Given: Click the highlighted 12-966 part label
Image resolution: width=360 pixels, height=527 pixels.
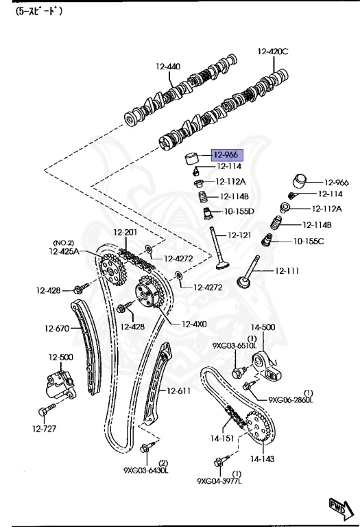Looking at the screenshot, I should point(224,155).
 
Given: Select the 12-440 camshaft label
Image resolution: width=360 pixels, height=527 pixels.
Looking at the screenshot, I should point(167,67).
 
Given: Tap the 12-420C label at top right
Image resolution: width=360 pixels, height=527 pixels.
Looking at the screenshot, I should point(273,51).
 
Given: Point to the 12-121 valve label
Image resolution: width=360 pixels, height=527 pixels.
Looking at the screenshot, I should point(239,235).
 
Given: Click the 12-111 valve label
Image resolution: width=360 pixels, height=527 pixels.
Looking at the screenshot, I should point(287,271).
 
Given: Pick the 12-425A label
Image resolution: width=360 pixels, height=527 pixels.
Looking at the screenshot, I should point(64,252).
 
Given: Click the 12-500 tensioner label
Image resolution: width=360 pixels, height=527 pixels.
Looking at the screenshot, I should point(60,358).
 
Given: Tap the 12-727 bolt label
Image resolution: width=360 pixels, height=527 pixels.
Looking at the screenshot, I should point(44,429).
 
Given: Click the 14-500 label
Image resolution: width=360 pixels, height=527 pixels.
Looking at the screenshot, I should point(262,328).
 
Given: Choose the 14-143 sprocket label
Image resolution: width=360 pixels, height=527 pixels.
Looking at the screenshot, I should point(262,458).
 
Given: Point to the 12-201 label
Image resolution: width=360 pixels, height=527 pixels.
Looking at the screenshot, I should point(126,232).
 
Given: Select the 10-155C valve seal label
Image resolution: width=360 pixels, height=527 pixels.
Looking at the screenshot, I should point(309,241).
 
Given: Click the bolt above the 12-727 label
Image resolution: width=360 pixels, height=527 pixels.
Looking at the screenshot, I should point(45,410).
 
